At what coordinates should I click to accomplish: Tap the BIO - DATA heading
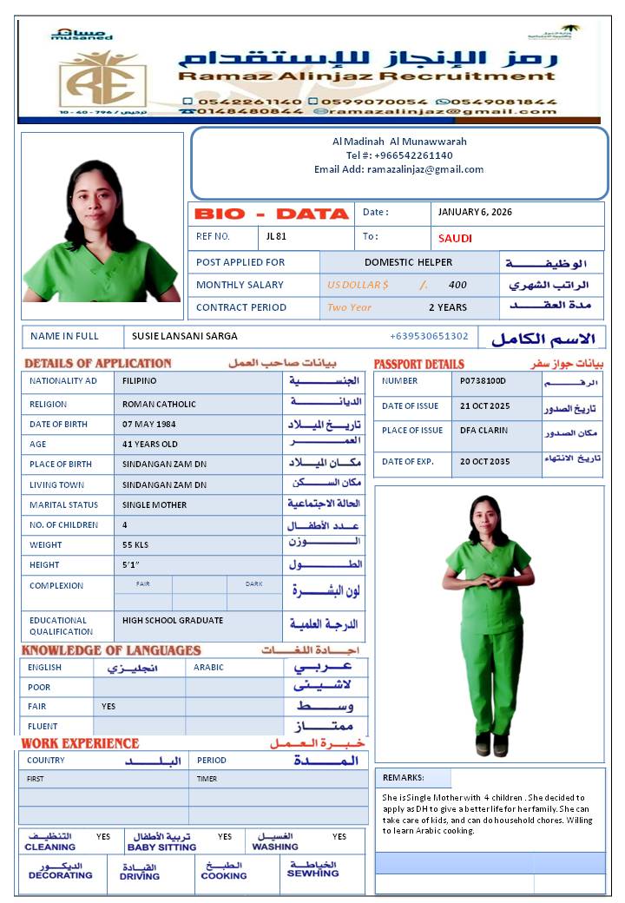(x=269, y=214)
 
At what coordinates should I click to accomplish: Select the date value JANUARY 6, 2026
(x=475, y=213)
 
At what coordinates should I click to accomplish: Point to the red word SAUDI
(x=455, y=239)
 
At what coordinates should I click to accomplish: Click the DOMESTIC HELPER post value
(x=408, y=262)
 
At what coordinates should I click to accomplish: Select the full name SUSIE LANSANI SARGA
(x=185, y=336)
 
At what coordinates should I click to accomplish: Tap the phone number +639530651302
(x=429, y=336)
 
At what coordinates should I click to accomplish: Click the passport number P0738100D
(x=483, y=381)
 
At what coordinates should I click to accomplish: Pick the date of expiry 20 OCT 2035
(x=485, y=462)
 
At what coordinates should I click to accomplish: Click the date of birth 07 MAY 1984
(x=150, y=424)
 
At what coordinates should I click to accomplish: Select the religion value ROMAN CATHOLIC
(x=159, y=404)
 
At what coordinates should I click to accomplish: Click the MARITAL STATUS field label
(x=63, y=504)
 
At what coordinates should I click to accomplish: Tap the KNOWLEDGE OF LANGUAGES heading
(x=111, y=650)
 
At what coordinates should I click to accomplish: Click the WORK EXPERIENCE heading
(x=80, y=743)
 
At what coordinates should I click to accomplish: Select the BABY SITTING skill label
(x=161, y=847)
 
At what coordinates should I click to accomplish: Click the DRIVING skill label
(x=140, y=877)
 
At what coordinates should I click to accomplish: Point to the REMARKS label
(x=403, y=778)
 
